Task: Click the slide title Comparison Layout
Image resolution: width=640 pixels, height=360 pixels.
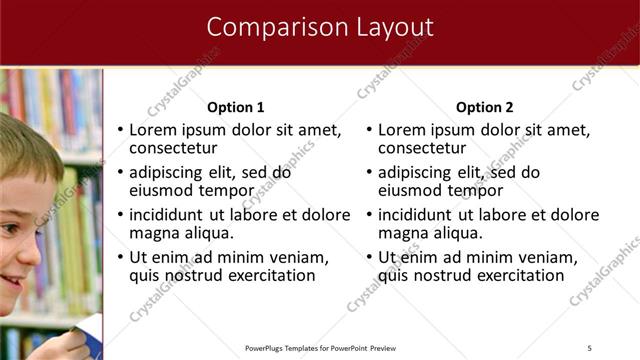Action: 320,27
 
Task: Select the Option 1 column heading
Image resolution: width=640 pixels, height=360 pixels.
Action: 236,107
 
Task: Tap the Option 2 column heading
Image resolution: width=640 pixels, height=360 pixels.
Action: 485,107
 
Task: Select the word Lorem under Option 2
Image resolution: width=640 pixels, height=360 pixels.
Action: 404,130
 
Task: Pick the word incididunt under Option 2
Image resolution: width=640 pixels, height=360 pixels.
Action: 417,215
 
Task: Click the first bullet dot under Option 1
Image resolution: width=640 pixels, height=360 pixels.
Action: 121,131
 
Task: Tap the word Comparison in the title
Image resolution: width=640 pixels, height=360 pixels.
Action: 277,27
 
